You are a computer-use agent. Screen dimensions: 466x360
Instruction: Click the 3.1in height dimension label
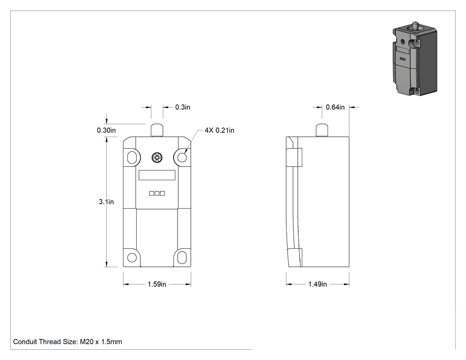[106, 202]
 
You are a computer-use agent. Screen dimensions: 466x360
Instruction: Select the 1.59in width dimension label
[157, 284]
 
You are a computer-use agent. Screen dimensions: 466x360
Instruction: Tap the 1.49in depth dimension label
[317, 284]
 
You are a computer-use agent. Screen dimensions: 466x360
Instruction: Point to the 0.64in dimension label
[335, 107]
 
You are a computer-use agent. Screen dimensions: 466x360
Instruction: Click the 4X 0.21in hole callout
[219, 130]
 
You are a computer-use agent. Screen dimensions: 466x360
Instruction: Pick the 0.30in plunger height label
[106, 130]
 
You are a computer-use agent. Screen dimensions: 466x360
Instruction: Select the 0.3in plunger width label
[182, 107]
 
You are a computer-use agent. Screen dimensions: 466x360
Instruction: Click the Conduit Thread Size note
[67, 341]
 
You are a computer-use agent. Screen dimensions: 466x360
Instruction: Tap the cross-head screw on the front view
[157, 158]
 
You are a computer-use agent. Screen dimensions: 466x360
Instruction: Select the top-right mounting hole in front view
[182, 157]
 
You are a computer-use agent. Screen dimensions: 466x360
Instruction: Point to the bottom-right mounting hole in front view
[182, 257]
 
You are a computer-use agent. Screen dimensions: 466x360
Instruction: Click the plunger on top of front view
[157, 130]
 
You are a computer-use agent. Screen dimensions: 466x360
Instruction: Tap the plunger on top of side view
[322, 130]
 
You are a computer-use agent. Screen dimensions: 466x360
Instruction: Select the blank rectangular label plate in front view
[157, 175]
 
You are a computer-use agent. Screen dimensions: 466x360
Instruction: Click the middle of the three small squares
[157, 194]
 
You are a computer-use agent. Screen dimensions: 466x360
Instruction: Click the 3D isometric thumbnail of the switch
[415, 59]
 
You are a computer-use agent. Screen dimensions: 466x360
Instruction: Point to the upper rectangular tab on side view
[294, 157]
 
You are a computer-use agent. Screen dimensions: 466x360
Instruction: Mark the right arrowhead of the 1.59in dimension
[188, 285]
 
